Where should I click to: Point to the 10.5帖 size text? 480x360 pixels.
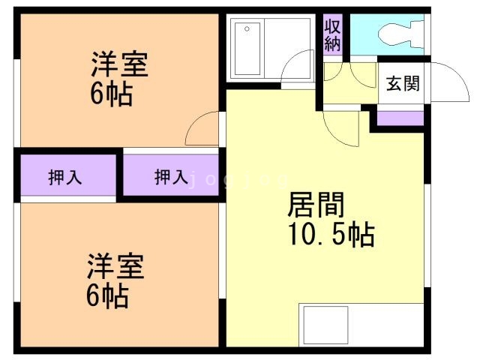[331, 235]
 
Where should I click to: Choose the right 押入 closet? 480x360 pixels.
[171, 178]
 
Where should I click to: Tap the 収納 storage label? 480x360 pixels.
[333, 35]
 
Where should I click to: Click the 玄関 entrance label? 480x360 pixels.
[402, 82]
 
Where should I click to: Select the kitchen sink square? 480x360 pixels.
[325, 325]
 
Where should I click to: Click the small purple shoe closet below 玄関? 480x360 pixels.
[400, 118]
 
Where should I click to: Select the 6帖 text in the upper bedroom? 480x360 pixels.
[110, 95]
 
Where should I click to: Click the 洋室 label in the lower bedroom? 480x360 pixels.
[115, 267]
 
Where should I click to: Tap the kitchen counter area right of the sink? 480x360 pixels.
[386, 325]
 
